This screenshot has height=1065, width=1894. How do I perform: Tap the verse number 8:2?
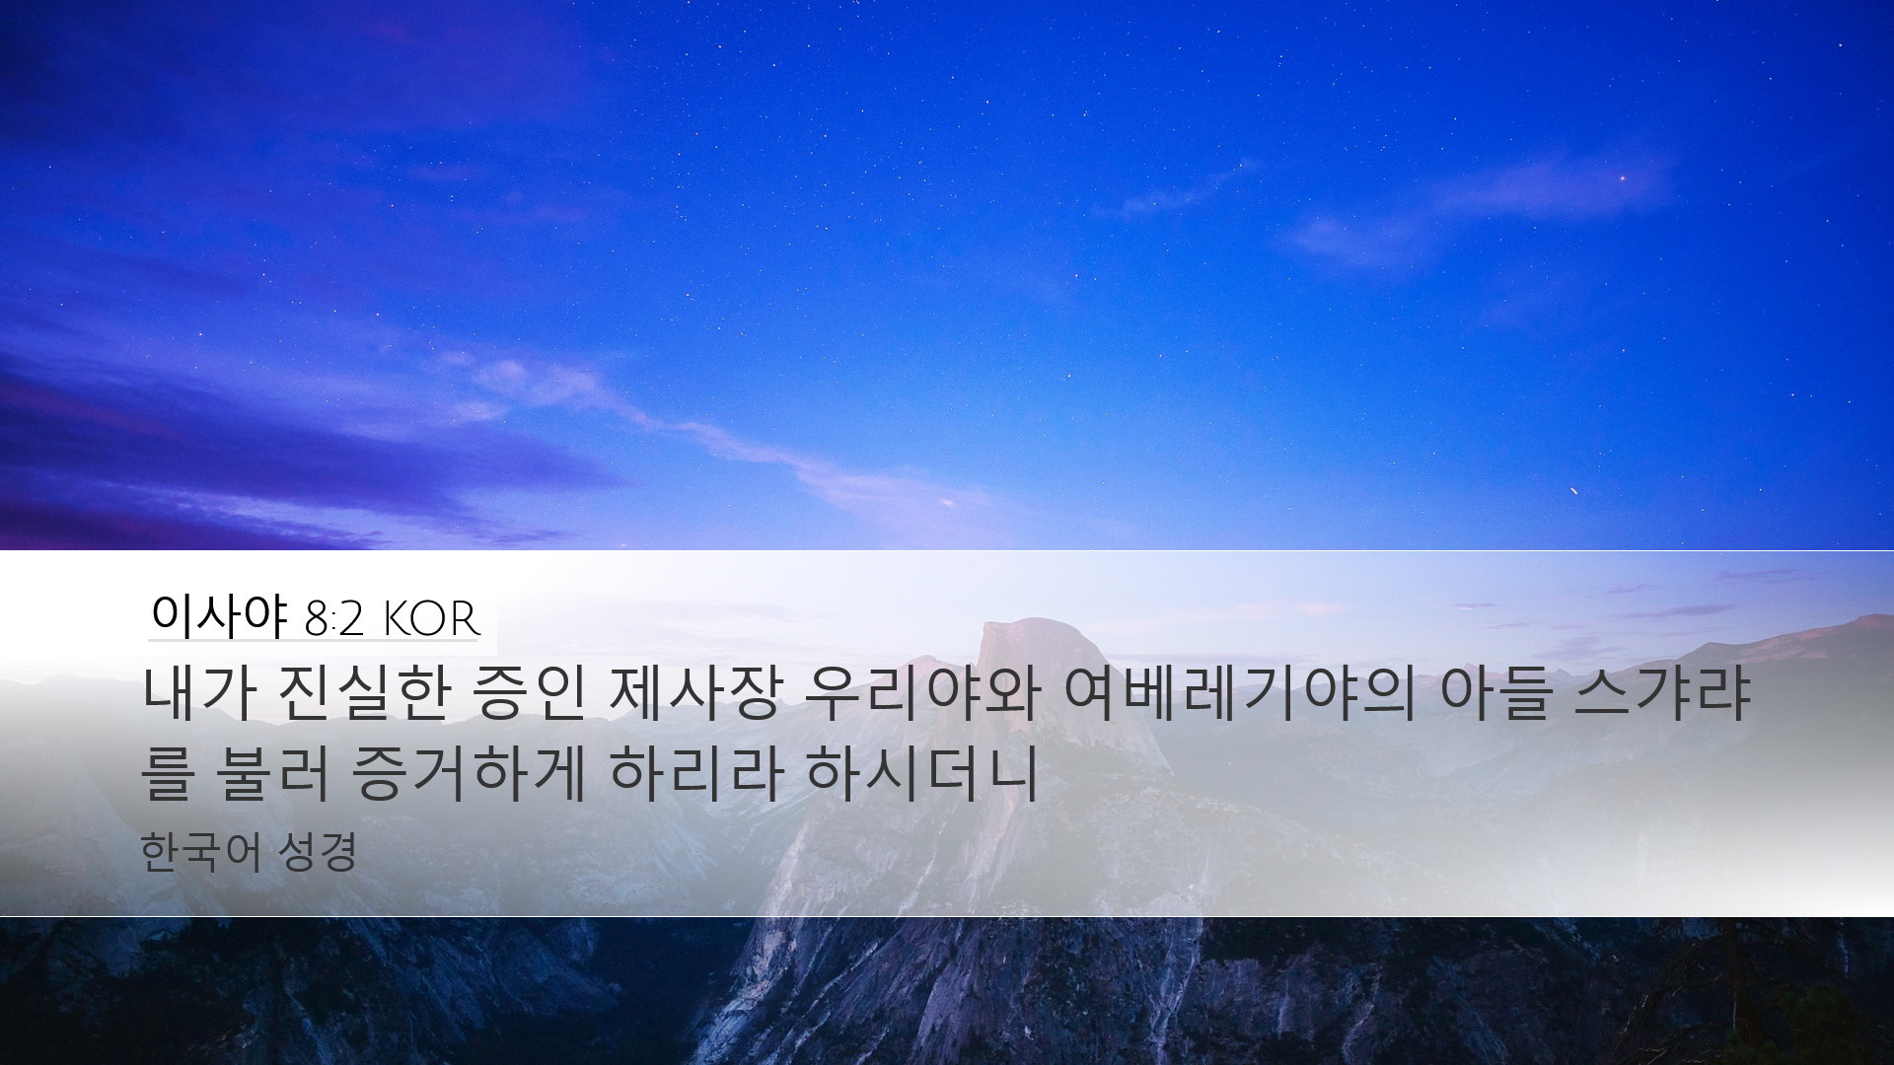tap(335, 620)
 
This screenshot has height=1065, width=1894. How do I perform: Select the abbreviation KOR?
tap(430, 620)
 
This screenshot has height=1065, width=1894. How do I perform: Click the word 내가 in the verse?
tap(201, 696)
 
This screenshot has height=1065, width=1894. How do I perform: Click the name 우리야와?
tap(923, 696)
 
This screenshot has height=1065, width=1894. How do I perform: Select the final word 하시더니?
tap(923, 775)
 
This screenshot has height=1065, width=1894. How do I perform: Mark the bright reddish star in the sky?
tap(1622, 178)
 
